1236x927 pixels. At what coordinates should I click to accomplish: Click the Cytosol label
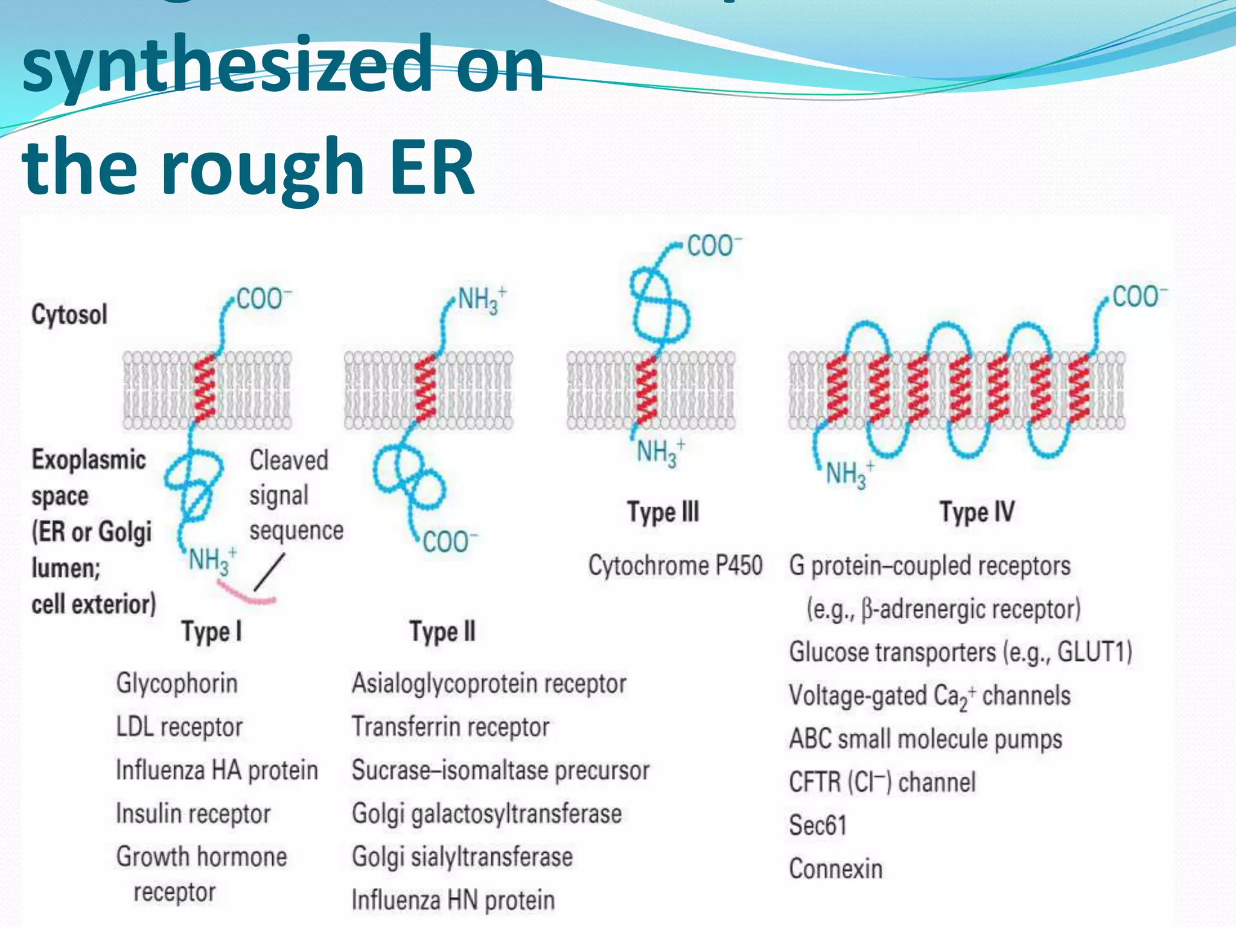click(x=69, y=315)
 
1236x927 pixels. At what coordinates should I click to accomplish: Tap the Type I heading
click(x=212, y=632)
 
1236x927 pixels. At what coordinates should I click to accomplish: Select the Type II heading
click(x=442, y=632)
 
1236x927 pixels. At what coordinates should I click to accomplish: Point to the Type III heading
click(x=663, y=512)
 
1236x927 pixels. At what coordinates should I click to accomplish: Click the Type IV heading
click(x=977, y=512)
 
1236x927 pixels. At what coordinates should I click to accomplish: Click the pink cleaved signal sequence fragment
click(x=246, y=594)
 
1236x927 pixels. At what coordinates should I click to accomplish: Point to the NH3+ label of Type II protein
click(x=482, y=300)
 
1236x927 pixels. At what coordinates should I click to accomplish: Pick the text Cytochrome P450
click(x=675, y=565)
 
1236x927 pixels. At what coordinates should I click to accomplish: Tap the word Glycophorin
click(x=177, y=683)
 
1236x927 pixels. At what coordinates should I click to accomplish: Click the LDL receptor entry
click(x=179, y=727)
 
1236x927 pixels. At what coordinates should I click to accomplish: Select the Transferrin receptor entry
click(x=450, y=727)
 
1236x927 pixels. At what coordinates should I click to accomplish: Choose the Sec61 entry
click(x=818, y=825)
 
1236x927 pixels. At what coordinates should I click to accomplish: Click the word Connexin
click(x=836, y=869)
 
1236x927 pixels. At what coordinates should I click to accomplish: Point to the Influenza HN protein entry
click(x=453, y=900)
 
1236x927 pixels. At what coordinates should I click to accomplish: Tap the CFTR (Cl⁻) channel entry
click(x=882, y=782)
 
